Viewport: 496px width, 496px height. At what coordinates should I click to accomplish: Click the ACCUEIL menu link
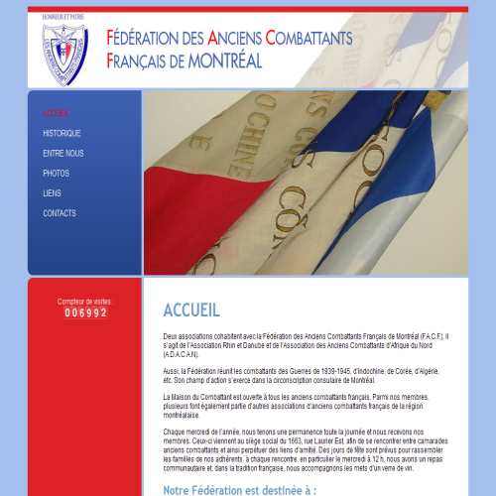pos(57,113)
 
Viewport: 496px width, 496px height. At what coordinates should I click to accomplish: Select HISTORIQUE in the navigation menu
pos(62,133)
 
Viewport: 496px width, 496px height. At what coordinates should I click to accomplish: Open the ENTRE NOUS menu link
pos(63,154)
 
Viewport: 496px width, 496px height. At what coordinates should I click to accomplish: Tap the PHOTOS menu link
pos(56,174)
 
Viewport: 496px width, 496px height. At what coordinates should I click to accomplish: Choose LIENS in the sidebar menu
pos(52,193)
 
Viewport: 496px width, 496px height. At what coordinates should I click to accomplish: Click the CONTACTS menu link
pos(60,213)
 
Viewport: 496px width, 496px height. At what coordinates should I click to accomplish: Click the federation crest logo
pos(64,50)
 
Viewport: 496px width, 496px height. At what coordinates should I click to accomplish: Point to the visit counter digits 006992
pos(85,312)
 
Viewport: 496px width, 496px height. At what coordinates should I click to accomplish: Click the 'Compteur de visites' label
pos(85,301)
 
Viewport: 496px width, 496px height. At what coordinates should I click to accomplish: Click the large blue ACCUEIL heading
pos(191,310)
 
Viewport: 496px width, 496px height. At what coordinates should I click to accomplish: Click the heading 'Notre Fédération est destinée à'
pos(239,490)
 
